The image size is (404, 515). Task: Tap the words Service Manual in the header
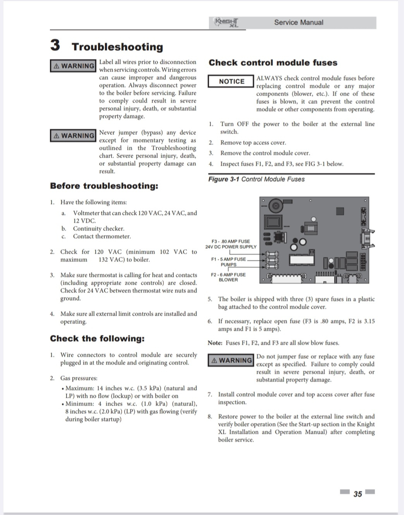pos(298,22)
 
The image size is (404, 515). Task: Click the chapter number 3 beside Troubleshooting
pos(55,45)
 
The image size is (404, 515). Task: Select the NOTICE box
pos(231,81)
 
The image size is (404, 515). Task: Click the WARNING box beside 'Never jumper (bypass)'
pos(73,136)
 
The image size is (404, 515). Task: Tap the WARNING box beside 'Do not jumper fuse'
pos(231,360)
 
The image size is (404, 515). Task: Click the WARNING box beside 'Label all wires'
pos(73,66)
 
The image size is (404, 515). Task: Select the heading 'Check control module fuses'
pos(273,63)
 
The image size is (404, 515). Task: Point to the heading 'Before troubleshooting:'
pos(104,186)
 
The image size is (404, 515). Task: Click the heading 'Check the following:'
pos(97,339)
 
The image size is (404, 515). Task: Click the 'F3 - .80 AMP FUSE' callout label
pos(231,241)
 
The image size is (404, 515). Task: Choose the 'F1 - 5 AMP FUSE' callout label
pos(228,259)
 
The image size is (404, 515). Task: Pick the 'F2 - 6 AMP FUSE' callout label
pos(228,275)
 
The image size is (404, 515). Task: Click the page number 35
pos(358,494)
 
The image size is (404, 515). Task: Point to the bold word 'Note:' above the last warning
pos(215,343)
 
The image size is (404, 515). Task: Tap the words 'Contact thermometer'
pos(102,236)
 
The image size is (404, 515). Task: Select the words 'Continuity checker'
pos(99,229)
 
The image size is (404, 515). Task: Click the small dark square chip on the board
pos(340,211)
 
